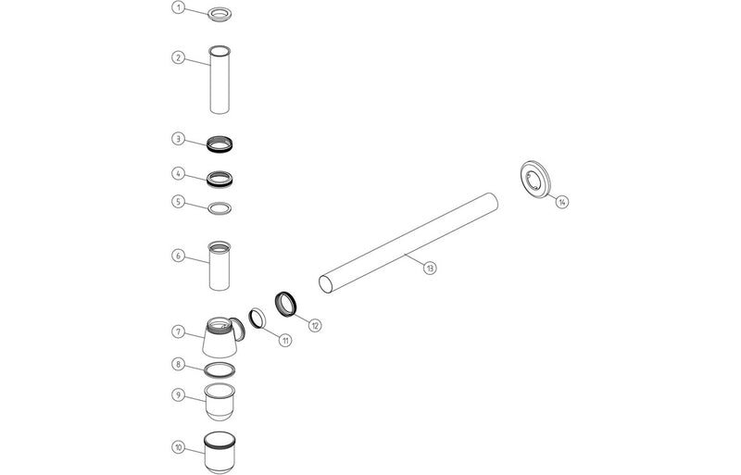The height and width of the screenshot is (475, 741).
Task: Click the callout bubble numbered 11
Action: point(285,340)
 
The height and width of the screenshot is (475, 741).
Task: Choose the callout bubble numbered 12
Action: point(315,325)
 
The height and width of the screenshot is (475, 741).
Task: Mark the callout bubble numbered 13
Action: point(429,268)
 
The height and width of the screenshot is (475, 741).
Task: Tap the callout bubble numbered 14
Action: point(562,202)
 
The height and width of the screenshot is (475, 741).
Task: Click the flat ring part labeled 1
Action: point(220,15)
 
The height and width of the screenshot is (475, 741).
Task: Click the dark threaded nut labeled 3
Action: point(220,144)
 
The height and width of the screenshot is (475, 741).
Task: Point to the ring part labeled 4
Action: point(220,177)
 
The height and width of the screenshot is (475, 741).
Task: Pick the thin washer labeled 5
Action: point(220,206)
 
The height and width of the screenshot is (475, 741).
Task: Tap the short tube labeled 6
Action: point(220,267)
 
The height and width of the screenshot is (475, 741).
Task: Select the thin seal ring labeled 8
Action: point(219,370)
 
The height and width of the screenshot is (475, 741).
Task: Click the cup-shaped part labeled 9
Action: point(219,404)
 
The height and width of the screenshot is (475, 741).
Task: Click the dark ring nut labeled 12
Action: point(287,302)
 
